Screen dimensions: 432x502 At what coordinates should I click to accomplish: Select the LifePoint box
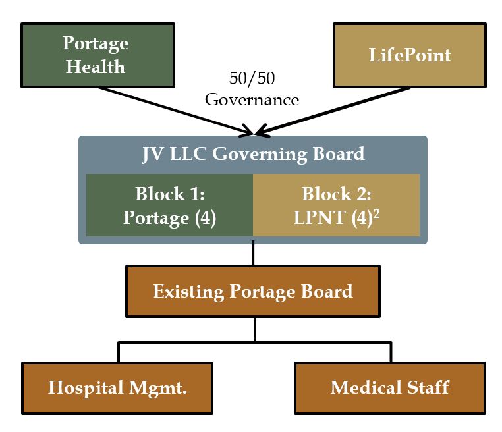[x=409, y=55]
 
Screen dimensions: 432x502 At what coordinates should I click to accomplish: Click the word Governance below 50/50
[x=252, y=100]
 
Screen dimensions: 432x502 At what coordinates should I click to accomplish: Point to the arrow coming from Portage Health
[x=171, y=107]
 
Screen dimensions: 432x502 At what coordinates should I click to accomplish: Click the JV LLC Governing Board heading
[x=253, y=155]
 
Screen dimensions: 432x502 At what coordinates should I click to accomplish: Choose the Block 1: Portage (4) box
[x=169, y=205]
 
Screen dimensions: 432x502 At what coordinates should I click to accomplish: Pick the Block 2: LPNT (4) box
[x=336, y=205]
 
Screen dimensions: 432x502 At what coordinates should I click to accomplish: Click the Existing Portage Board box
[x=253, y=291]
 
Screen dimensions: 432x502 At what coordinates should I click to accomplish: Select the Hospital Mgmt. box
[x=117, y=387]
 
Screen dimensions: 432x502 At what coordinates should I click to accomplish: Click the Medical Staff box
[x=389, y=387]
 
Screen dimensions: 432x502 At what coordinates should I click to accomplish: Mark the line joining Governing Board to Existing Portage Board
[x=253, y=254]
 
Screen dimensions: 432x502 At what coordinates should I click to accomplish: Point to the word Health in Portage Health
[x=96, y=67]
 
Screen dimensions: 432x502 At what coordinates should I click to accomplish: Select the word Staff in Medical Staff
[x=426, y=387]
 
